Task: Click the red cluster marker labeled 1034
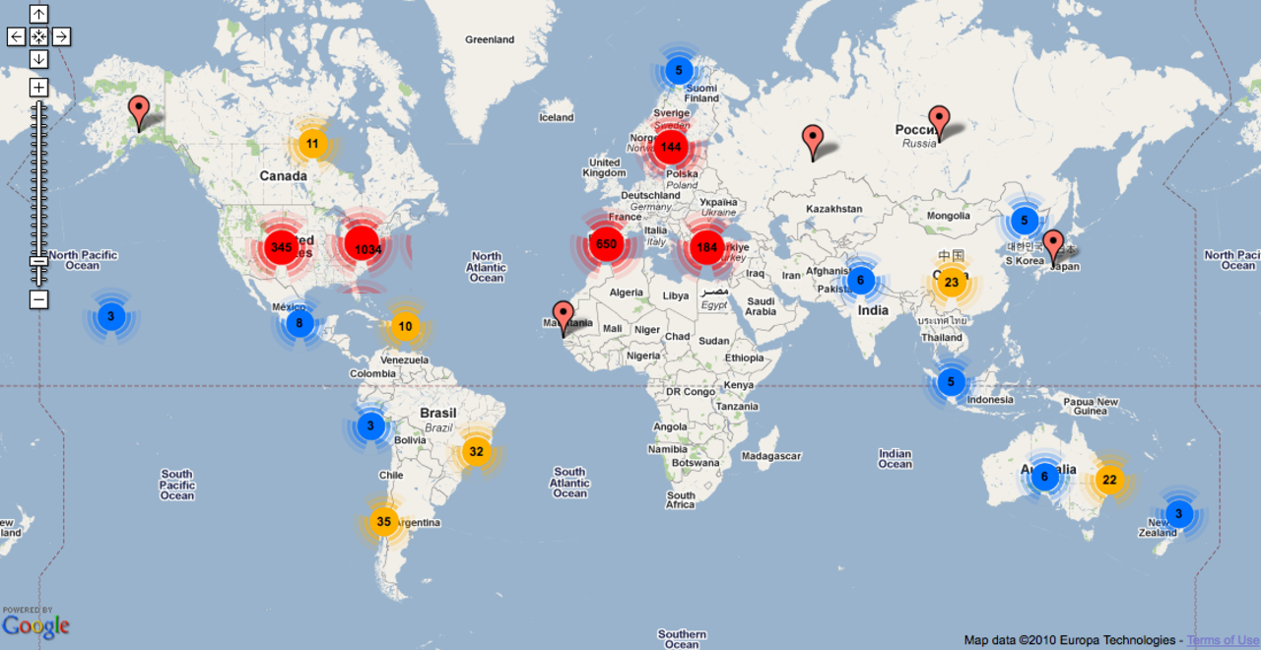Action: point(367,249)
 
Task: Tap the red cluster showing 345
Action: point(281,246)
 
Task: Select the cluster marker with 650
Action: point(606,244)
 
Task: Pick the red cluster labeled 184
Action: point(706,247)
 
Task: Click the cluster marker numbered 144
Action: point(671,148)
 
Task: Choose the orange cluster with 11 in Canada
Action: point(312,144)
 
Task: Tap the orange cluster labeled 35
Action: point(384,522)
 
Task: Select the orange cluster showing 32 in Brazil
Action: point(477,452)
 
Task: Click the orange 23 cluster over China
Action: point(951,283)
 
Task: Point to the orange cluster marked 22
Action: point(1109,480)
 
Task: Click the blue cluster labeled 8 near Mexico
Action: point(299,322)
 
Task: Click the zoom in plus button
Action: point(38,88)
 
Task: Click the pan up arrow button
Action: point(38,14)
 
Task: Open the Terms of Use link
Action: point(1223,640)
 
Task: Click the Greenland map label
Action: point(490,39)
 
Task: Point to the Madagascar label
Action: point(771,456)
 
